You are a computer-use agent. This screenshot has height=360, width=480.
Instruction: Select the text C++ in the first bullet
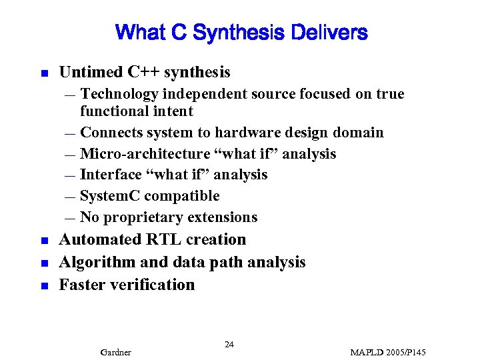137,72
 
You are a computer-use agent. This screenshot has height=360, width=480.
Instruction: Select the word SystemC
110,196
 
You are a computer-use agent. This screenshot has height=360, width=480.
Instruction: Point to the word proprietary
143,217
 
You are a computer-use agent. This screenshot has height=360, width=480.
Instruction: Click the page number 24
229,344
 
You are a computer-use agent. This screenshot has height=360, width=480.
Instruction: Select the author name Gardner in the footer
115,352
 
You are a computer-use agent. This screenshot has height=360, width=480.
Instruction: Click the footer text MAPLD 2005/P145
388,352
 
